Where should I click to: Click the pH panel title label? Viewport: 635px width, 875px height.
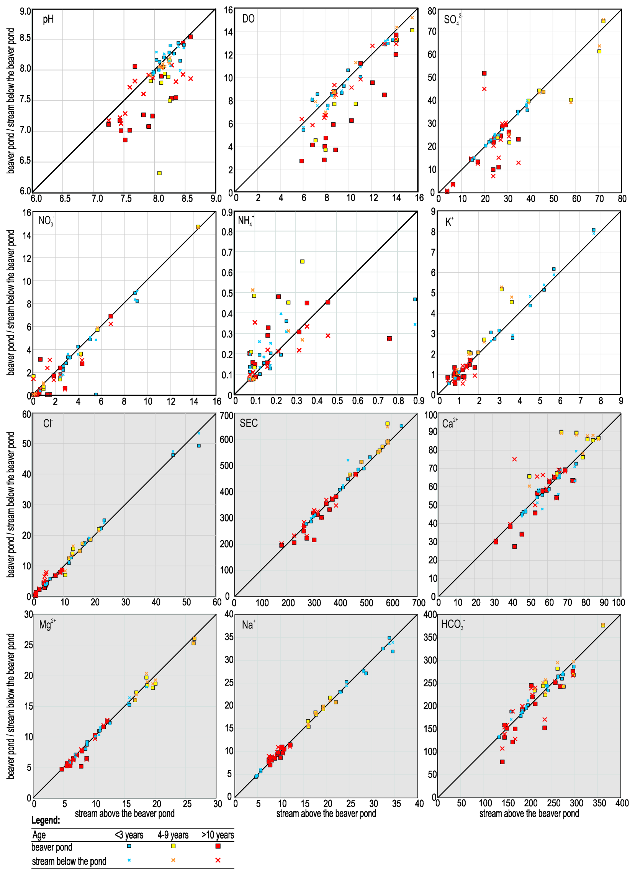pos(48,19)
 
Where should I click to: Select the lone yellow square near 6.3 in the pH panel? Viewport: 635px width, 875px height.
pos(159,173)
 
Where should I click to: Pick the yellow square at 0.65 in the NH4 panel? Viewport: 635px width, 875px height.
pos(302,261)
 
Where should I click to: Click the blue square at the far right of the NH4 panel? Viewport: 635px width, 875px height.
pos(415,299)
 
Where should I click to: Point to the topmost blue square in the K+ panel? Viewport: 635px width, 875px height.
pos(593,230)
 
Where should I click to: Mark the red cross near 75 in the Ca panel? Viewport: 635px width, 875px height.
pos(514,459)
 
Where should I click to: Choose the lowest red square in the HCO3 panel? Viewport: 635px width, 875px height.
pos(502,762)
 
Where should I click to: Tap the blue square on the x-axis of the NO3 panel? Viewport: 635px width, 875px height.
pos(96,394)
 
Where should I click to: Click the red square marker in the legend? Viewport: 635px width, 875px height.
pos(218,846)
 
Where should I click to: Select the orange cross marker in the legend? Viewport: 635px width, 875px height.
pos(173,860)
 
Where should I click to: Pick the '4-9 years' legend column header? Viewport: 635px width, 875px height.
pos(173,835)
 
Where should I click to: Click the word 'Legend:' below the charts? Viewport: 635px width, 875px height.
pos(46,820)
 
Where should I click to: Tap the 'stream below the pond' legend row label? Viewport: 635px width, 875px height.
pos(69,861)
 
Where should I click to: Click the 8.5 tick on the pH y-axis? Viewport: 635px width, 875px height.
pos(25,38)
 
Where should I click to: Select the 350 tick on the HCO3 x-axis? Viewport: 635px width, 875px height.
pos(599,803)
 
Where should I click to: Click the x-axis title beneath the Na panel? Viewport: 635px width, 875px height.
pos(326,813)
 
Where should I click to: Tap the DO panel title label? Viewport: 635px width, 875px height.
pos(248,18)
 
